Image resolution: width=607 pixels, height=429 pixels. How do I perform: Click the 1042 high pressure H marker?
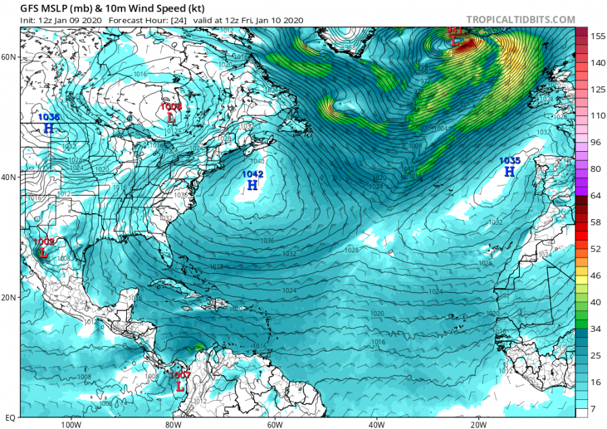(252, 184)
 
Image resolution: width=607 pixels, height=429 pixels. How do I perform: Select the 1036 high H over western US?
(49, 127)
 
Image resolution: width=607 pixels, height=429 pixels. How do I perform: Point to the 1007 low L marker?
(180, 387)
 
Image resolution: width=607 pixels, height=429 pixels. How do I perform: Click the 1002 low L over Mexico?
(43, 253)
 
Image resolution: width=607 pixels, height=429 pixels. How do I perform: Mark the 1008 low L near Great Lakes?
(171, 117)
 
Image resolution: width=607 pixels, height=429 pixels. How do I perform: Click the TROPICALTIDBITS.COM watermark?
(520, 20)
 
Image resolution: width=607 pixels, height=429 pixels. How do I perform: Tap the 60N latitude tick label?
(9, 57)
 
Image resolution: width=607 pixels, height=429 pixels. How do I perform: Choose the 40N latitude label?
(9, 177)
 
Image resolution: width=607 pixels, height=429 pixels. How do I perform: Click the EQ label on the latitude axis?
(9, 418)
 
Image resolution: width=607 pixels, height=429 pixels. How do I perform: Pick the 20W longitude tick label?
(478, 424)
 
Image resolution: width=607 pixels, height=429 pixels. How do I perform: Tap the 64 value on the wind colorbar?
(596, 195)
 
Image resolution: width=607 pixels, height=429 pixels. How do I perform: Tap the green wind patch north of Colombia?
(199, 347)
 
